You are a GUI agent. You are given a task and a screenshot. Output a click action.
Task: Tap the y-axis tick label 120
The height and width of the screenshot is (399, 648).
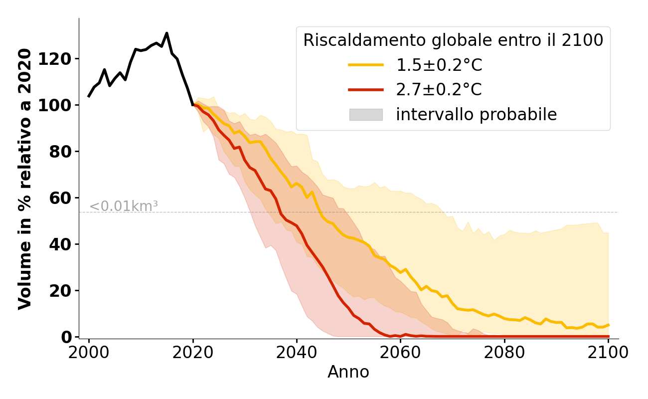point(62,59)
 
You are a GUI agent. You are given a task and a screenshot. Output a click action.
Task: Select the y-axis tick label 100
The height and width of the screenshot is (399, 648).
point(62,105)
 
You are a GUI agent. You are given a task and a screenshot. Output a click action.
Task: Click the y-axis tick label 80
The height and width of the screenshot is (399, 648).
point(66,152)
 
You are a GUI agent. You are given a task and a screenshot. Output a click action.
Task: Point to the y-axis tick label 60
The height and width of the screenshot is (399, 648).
point(66,198)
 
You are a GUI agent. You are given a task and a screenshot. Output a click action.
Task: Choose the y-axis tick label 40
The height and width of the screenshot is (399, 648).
point(66,244)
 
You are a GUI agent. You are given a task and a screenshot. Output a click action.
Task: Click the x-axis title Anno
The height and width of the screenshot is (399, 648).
point(348,372)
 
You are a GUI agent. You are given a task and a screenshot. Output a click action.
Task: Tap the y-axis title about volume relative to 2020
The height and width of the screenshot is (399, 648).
point(25,179)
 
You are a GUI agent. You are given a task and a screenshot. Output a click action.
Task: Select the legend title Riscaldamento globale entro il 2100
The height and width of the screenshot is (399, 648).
point(453,40)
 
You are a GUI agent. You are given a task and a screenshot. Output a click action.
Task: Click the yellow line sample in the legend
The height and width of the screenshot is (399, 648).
point(365,65)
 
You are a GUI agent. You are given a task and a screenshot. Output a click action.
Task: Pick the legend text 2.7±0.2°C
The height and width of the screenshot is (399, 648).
point(439,90)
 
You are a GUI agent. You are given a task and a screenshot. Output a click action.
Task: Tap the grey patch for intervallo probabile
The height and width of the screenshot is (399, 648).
point(365,115)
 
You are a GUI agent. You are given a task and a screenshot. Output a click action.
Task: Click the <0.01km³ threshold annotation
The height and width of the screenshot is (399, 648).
point(124,206)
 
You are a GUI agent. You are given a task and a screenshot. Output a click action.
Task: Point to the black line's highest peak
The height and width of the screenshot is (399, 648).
point(166,33)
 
